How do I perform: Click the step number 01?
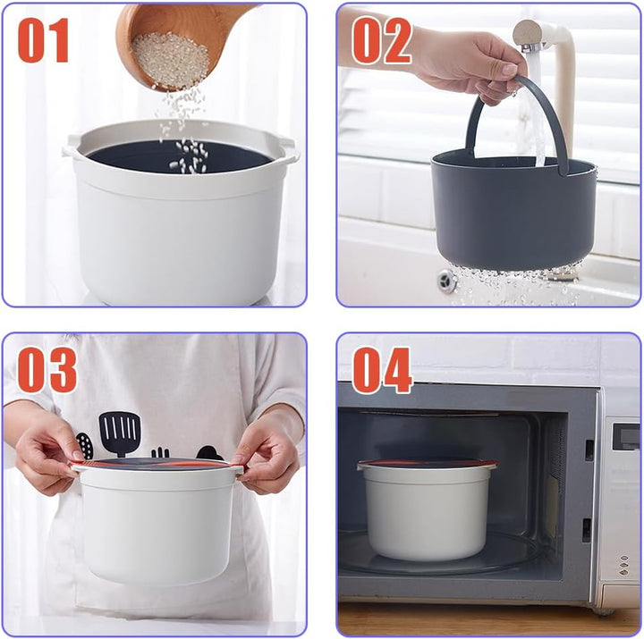[44, 40]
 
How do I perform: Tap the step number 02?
[382, 40]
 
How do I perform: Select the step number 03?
[47, 370]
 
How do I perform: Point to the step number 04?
[382, 370]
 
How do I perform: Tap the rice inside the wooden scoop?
[170, 61]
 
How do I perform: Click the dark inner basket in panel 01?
[180, 156]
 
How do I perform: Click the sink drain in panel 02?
[447, 281]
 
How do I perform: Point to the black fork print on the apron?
[160, 453]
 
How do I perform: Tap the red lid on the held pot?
[156, 464]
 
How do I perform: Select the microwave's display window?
[626, 437]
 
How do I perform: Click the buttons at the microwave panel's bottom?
[624, 565]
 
